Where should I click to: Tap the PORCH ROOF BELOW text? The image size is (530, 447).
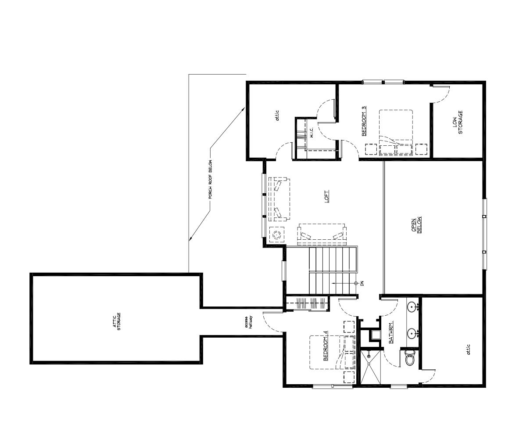point(211,179)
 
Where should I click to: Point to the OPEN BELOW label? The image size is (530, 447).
point(416,225)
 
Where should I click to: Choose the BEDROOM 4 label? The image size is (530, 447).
point(326,349)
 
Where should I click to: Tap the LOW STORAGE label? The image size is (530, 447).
point(458,122)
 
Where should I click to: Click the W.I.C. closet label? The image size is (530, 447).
point(311,133)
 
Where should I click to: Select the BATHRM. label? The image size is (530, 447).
point(391,332)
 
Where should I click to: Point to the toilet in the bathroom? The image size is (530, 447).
point(410,359)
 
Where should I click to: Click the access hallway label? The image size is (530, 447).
point(249,322)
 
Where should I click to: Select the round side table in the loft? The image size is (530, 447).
point(276,235)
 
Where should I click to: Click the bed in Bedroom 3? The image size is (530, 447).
point(396,132)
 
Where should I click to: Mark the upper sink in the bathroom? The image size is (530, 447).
point(412,306)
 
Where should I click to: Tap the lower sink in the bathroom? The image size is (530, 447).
point(412,333)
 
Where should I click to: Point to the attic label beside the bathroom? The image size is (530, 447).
point(468,350)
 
